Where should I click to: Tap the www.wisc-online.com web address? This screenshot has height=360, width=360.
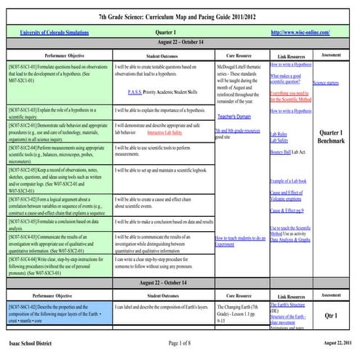296,33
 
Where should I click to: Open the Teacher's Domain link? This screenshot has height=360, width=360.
234,116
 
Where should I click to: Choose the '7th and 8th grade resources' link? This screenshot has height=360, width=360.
237,129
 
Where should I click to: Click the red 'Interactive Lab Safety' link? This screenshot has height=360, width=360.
164,134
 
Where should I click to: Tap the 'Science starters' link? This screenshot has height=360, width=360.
327,84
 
